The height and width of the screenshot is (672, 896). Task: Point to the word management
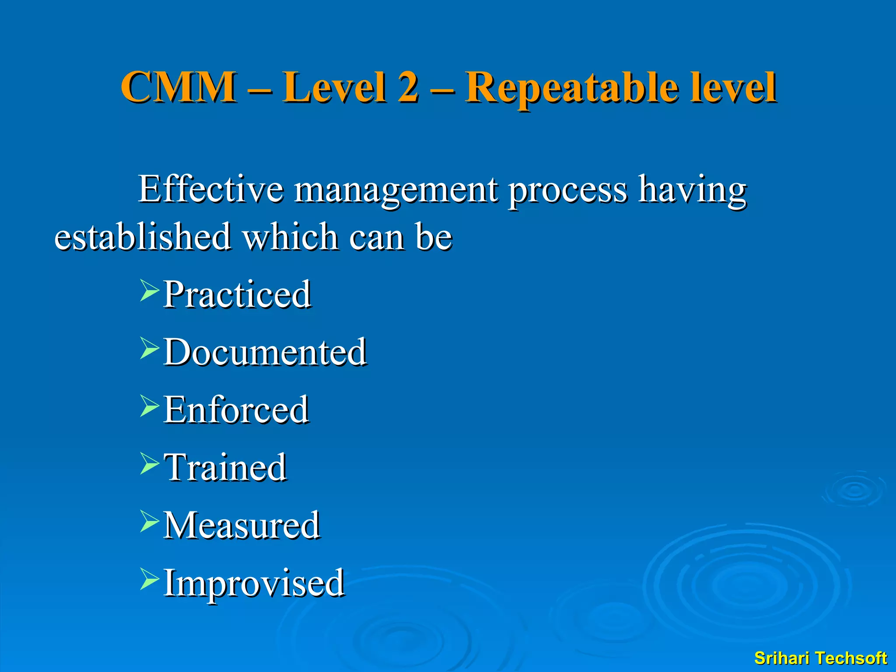click(x=396, y=191)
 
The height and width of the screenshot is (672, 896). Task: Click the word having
click(x=692, y=190)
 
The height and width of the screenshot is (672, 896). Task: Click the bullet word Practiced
click(x=237, y=294)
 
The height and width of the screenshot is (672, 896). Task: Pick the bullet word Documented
click(x=265, y=352)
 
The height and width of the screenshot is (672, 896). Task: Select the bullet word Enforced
click(x=236, y=409)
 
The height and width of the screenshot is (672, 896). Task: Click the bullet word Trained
click(x=225, y=467)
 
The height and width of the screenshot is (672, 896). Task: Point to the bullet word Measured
click(x=241, y=525)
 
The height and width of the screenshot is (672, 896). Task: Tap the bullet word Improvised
click(x=254, y=584)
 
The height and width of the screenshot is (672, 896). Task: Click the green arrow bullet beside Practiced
click(x=149, y=291)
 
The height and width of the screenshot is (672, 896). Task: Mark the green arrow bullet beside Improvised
click(x=149, y=580)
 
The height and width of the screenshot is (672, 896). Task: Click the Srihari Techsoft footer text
click(x=820, y=658)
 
